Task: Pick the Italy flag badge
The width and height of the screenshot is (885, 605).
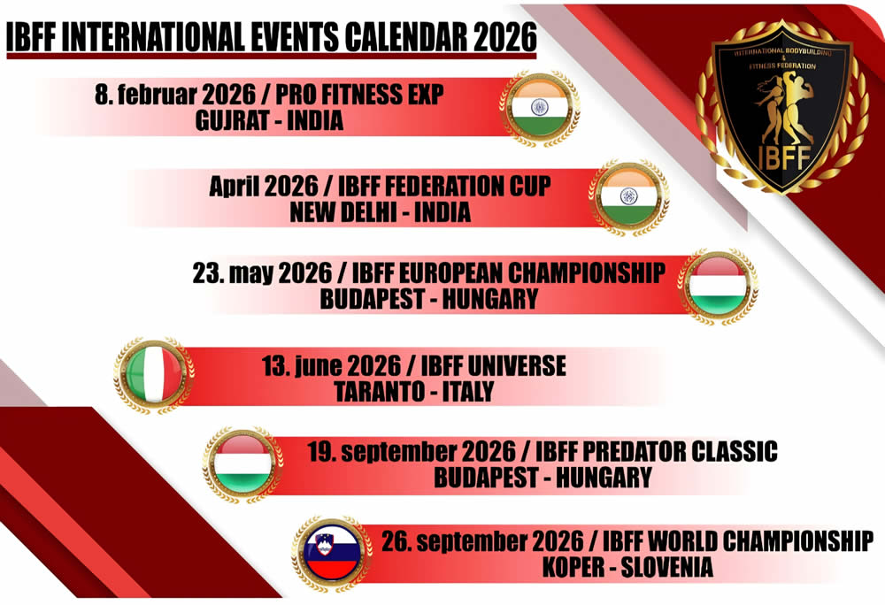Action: (x=153, y=375)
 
